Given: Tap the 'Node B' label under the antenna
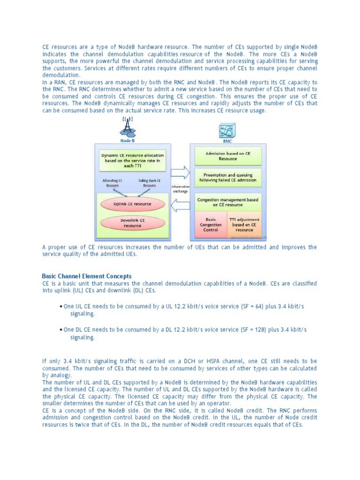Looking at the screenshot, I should (x=127, y=140).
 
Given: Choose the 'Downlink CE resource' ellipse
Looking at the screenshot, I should (x=133, y=223).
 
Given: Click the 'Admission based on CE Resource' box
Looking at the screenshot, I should (x=228, y=156).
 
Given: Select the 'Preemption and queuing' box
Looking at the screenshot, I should (x=228, y=177).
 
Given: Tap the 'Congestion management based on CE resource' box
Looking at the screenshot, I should (x=228, y=202).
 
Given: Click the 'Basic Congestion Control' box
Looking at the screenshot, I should (x=210, y=224).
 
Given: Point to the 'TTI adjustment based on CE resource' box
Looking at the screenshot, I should (x=244, y=224).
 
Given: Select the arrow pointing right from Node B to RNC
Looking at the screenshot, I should (x=180, y=172).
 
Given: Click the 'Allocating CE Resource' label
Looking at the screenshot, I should (x=112, y=182).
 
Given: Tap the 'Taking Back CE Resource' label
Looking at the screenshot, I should (x=149, y=182).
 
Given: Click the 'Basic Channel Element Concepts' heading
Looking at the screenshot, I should (x=87, y=276).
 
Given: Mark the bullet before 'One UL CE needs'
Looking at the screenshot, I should (x=61, y=307).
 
